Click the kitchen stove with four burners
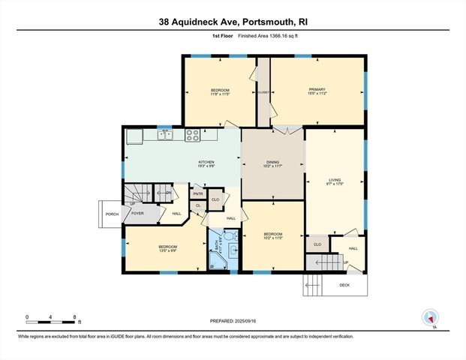[x=192, y=136]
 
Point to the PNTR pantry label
[x=198, y=193]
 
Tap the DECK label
[x=344, y=285]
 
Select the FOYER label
[x=137, y=213]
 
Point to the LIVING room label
[x=335, y=179]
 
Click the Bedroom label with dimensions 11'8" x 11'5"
[x=219, y=94]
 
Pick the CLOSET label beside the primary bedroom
[x=263, y=92]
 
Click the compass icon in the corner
[x=430, y=318]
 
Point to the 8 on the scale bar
[x=74, y=317]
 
